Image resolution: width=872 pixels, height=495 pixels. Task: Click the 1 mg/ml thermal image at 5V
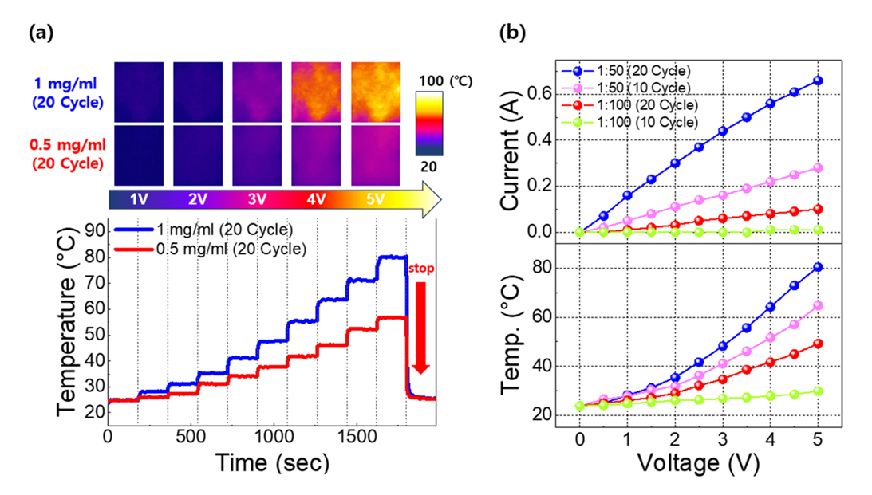375,92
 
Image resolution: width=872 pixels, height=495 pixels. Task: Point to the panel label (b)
511,33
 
